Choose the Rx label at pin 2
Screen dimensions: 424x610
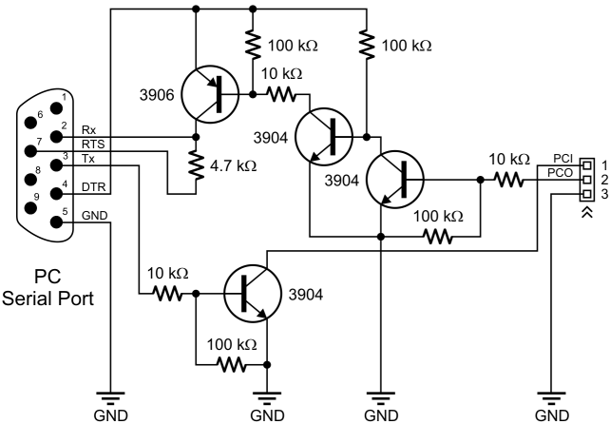coord(89,129)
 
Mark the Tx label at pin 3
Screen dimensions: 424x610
coord(87,159)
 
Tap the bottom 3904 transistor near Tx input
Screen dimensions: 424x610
coord(253,294)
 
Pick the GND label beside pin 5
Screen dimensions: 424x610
coord(93,216)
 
